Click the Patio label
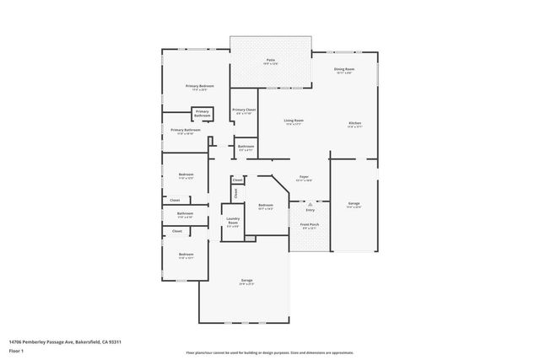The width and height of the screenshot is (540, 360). click(x=270, y=60)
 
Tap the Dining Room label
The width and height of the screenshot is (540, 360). click(x=343, y=69)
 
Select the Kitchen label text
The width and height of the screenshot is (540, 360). click(x=354, y=124)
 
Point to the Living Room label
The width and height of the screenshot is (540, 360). click(x=293, y=121)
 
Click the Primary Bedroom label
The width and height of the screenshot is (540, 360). click(x=200, y=87)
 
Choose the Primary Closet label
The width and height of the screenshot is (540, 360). click(x=244, y=110)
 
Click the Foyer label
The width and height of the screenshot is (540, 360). click(x=304, y=177)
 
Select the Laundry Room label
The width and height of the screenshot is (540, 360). click(x=233, y=223)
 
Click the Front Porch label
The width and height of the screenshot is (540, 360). click(x=310, y=225)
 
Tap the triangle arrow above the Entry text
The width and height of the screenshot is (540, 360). click(x=310, y=203)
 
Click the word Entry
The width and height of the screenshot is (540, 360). click(x=310, y=210)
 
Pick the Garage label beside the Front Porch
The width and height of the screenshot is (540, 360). click(x=354, y=204)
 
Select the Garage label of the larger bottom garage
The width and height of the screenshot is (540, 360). click(x=246, y=281)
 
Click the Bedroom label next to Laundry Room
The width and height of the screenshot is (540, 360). click(x=266, y=205)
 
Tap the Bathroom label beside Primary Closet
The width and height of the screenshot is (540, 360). click(x=246, y=147)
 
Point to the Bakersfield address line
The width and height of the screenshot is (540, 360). click(x=66, y=341)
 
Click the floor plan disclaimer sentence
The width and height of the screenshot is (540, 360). click(x=269, y=352)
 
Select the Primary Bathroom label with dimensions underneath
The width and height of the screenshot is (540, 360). click(x=185, y=130)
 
